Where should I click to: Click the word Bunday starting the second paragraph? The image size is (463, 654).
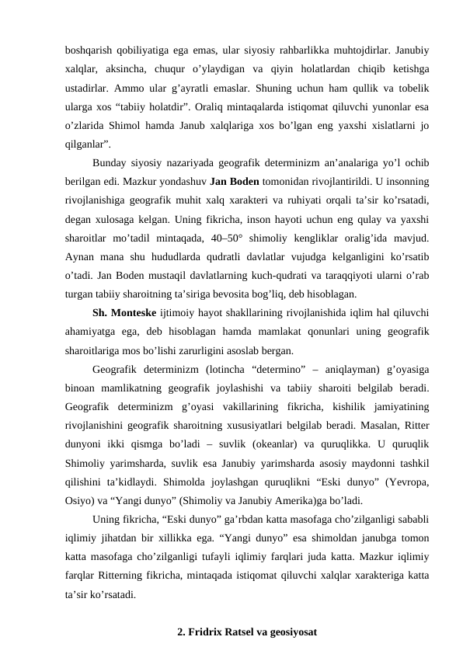coord(110,163)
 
